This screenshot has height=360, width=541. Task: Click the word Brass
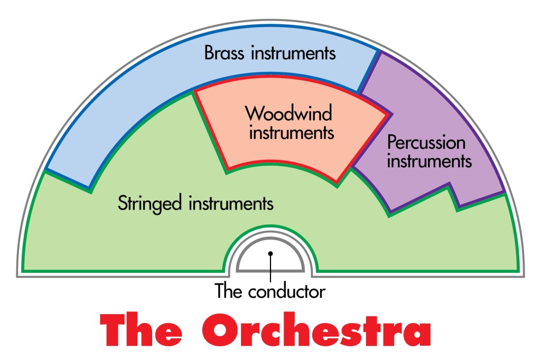point(224,53)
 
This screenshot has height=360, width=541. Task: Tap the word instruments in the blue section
point(293,53)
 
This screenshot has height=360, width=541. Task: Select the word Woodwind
point(288,113)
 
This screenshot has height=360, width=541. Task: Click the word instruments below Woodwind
point(292,132)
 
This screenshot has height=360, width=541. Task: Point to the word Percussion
point(426,142)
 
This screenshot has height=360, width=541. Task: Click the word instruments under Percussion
point(429,161)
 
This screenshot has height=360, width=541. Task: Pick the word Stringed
point(150,203)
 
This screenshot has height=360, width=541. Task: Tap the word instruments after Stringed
point(231,203)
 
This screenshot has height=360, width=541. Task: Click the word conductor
point(287,291)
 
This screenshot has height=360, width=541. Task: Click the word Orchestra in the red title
point(316,329)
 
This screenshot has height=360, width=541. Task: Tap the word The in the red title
point(141,329)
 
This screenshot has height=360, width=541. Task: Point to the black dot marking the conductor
point(270,253)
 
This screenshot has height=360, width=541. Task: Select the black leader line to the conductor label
point(270,269)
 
